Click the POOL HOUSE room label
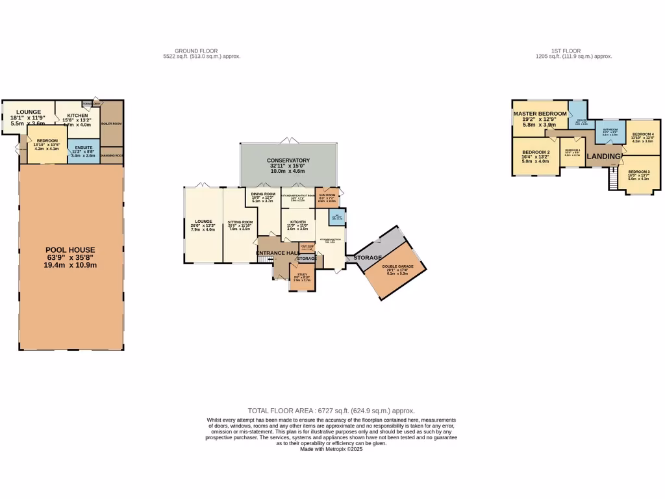(x=70, y=249)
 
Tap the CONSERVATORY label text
(x=288, y=160)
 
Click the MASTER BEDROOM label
(x=540, y=114)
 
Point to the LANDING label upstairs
(x=603, y=157)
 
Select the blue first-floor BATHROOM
(x=610, y=131)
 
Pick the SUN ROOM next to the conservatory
(x=327, y=196)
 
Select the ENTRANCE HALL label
(x=277, y=253)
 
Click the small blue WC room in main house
(x=335, y=216)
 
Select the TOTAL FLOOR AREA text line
(x=331, y=411)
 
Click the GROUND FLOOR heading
(x=196, y=51)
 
